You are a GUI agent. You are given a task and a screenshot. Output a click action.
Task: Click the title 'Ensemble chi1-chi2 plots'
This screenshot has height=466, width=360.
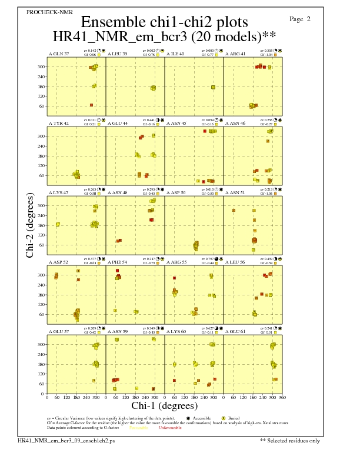pos(164,22)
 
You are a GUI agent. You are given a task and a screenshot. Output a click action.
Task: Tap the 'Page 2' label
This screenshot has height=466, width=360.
pos(300,19)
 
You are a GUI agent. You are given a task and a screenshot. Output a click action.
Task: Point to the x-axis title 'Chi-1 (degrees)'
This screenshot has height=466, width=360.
pos(164,405)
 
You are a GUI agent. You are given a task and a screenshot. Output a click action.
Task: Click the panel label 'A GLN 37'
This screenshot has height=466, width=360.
pos(59,54)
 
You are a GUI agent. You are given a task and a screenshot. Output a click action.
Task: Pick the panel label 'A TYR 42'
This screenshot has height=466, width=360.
pos(59,124)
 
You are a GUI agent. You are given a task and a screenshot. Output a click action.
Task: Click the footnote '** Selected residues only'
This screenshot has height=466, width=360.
pos(291,440)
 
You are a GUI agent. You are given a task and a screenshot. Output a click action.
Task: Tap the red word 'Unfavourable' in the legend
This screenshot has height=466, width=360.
pos(170,428)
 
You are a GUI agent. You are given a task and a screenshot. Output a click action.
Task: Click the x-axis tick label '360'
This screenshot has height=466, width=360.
pos(282,398)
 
